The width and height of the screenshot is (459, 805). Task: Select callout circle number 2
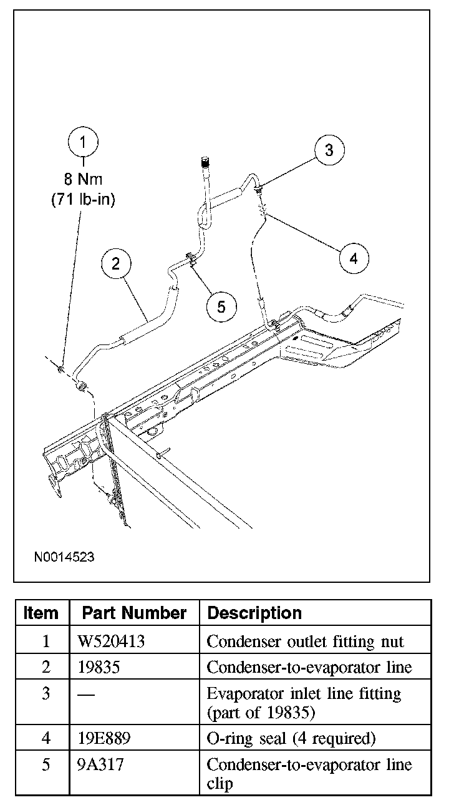click(117, 263)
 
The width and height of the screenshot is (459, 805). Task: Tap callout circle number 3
click(329, 150)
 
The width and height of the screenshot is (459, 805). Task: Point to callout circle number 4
click(354, 258)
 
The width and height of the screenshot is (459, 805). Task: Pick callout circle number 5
click(222, 306)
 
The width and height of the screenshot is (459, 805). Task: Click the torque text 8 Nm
click(84, 180)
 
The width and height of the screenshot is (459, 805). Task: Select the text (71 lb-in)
click(84, 200)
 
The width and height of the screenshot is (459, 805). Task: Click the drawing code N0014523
click(64, 557)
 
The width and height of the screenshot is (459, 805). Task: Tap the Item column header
click(41, 613)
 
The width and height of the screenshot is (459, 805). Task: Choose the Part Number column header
click(134, 613)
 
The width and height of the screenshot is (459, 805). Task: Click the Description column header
click(254, 613)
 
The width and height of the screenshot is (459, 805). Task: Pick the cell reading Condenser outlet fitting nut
click(305, 641)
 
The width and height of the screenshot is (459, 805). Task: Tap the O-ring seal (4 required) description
click(291, 739)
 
